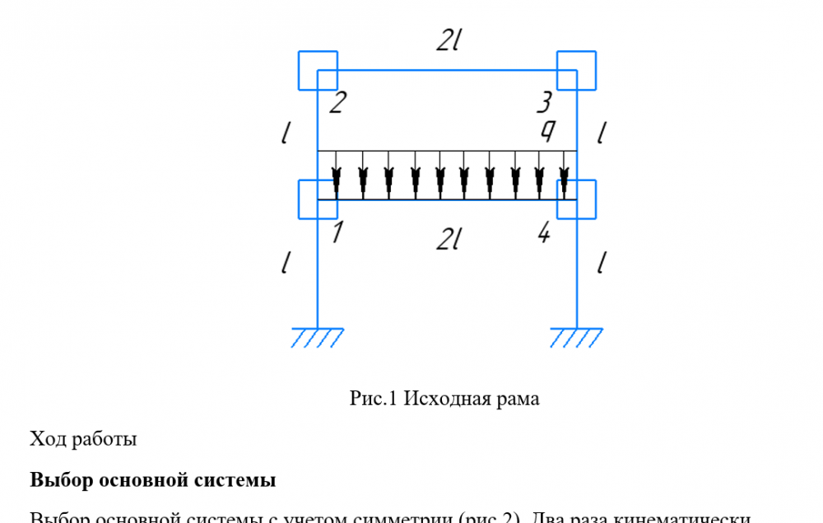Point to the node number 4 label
[544, 234]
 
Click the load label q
[546, 131]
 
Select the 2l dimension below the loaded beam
[449, 240]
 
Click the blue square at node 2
[318, 70]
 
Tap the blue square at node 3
[576, 70]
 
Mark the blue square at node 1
[318, 199]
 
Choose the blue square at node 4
[576, 199]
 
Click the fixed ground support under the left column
[318, 337]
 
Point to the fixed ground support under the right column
[576, 337]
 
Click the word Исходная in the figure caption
[450, 399]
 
